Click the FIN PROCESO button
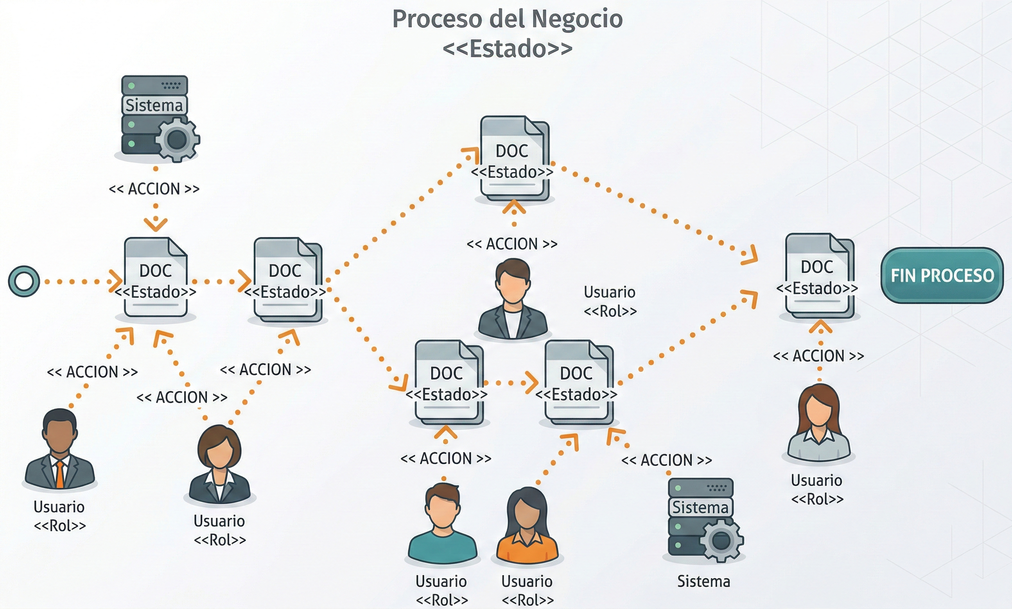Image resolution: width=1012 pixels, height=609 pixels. point(942,275)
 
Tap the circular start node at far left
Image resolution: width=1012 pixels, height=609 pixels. point(24,282)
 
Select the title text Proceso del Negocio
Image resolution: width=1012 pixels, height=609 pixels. point(507,19)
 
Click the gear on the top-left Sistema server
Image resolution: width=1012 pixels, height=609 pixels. point(177,140)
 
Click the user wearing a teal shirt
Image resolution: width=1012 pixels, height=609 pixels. point(442,525)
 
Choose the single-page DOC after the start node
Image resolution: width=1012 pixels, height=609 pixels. point(156,278)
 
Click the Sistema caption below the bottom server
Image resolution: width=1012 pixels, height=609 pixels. point(703,582)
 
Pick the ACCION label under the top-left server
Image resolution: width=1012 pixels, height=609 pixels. point(154,189)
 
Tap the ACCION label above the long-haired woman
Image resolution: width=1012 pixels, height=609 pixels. point(818,356)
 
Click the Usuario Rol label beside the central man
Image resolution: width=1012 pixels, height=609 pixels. point(610,301)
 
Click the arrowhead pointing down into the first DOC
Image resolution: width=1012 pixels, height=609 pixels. point(156,224)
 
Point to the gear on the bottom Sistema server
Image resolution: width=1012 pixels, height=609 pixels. point(721,540)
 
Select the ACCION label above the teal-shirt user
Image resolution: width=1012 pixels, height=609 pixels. point(446,458)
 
